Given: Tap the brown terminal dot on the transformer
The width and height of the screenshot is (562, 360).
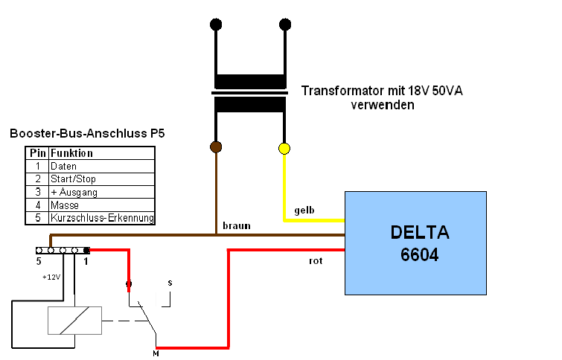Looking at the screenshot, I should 216,147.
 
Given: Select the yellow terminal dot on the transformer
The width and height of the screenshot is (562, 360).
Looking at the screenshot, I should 284,148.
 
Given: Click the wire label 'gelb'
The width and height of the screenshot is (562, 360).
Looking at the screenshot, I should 304,210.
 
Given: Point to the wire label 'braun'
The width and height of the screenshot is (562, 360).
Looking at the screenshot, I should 237,225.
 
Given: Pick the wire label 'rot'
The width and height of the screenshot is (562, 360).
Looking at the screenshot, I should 316,262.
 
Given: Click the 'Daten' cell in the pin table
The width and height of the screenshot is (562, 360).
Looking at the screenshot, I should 63,166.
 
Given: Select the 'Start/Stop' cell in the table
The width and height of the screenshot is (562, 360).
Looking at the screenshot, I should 73,179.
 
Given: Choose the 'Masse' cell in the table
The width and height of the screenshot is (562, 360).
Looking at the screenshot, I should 65,205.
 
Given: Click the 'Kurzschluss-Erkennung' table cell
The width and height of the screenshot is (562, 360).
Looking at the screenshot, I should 101,218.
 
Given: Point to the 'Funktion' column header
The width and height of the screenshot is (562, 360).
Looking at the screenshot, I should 71,153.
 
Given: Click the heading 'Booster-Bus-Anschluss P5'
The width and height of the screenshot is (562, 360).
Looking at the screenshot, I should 87,134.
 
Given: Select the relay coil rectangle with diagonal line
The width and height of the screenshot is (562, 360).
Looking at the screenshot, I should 74,321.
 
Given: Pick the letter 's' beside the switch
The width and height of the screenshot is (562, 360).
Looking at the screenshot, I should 170,283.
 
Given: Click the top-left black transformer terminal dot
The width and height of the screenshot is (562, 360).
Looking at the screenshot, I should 216,25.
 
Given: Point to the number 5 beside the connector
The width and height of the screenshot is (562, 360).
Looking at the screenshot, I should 39,262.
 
